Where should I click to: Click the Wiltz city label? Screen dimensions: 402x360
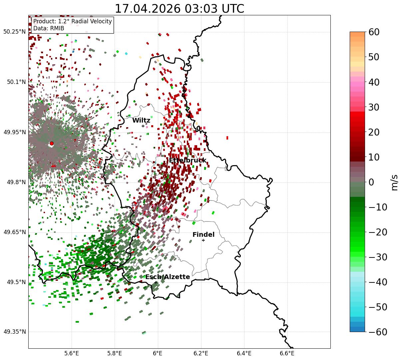141,121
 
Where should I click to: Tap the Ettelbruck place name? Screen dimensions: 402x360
188,160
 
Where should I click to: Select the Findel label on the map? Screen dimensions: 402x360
203,234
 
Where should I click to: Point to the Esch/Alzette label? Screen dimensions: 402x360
168,277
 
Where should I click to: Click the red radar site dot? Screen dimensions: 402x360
52,144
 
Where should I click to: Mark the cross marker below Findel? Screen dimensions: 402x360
203,240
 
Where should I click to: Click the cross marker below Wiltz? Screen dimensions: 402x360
143,126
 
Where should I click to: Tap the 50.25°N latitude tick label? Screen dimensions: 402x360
14,32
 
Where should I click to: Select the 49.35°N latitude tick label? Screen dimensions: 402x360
14,332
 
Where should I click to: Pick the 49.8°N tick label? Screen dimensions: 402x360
16,182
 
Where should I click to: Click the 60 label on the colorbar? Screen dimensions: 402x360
374,32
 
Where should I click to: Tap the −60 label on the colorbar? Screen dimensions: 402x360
378,332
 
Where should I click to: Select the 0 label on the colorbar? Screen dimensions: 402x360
371,182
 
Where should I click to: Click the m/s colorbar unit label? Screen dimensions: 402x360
394,182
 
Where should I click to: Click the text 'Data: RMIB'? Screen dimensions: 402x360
49,28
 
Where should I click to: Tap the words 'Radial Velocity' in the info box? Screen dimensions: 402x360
92,21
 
